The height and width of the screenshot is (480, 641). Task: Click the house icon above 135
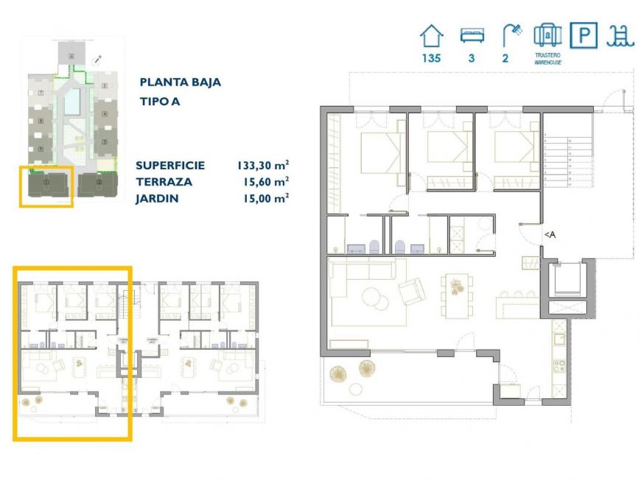[431, 35]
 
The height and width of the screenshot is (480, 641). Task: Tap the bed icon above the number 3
[470, 35]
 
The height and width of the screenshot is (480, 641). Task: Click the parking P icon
[584, 35]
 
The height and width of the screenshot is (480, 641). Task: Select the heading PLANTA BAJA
[180, 82]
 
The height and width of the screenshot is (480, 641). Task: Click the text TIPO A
[160, 102]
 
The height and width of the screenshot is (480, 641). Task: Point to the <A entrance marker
[550, 235]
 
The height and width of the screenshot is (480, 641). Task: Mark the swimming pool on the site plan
[71, 102]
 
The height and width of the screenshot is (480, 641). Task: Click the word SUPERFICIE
[170, 166]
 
